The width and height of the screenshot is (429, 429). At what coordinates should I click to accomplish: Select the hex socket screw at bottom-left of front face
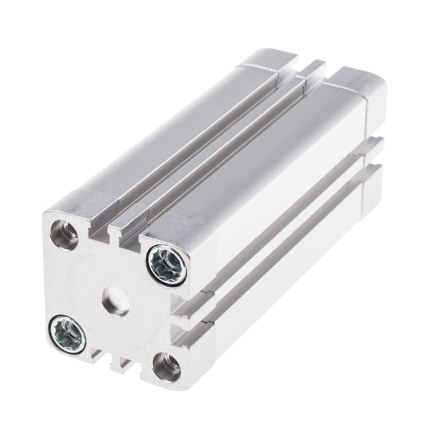click(67, 333)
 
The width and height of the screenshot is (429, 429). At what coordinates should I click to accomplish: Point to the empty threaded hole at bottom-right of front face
click(166, 366)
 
